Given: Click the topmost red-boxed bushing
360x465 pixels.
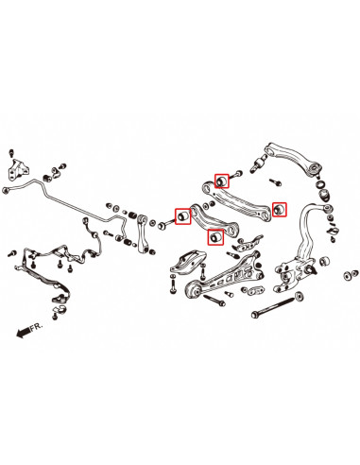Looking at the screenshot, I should [223, 179].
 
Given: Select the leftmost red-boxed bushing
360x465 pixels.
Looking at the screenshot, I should [180, 219].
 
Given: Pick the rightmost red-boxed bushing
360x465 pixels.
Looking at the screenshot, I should [279, 209].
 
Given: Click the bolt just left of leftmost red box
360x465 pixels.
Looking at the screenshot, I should [165, 224].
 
